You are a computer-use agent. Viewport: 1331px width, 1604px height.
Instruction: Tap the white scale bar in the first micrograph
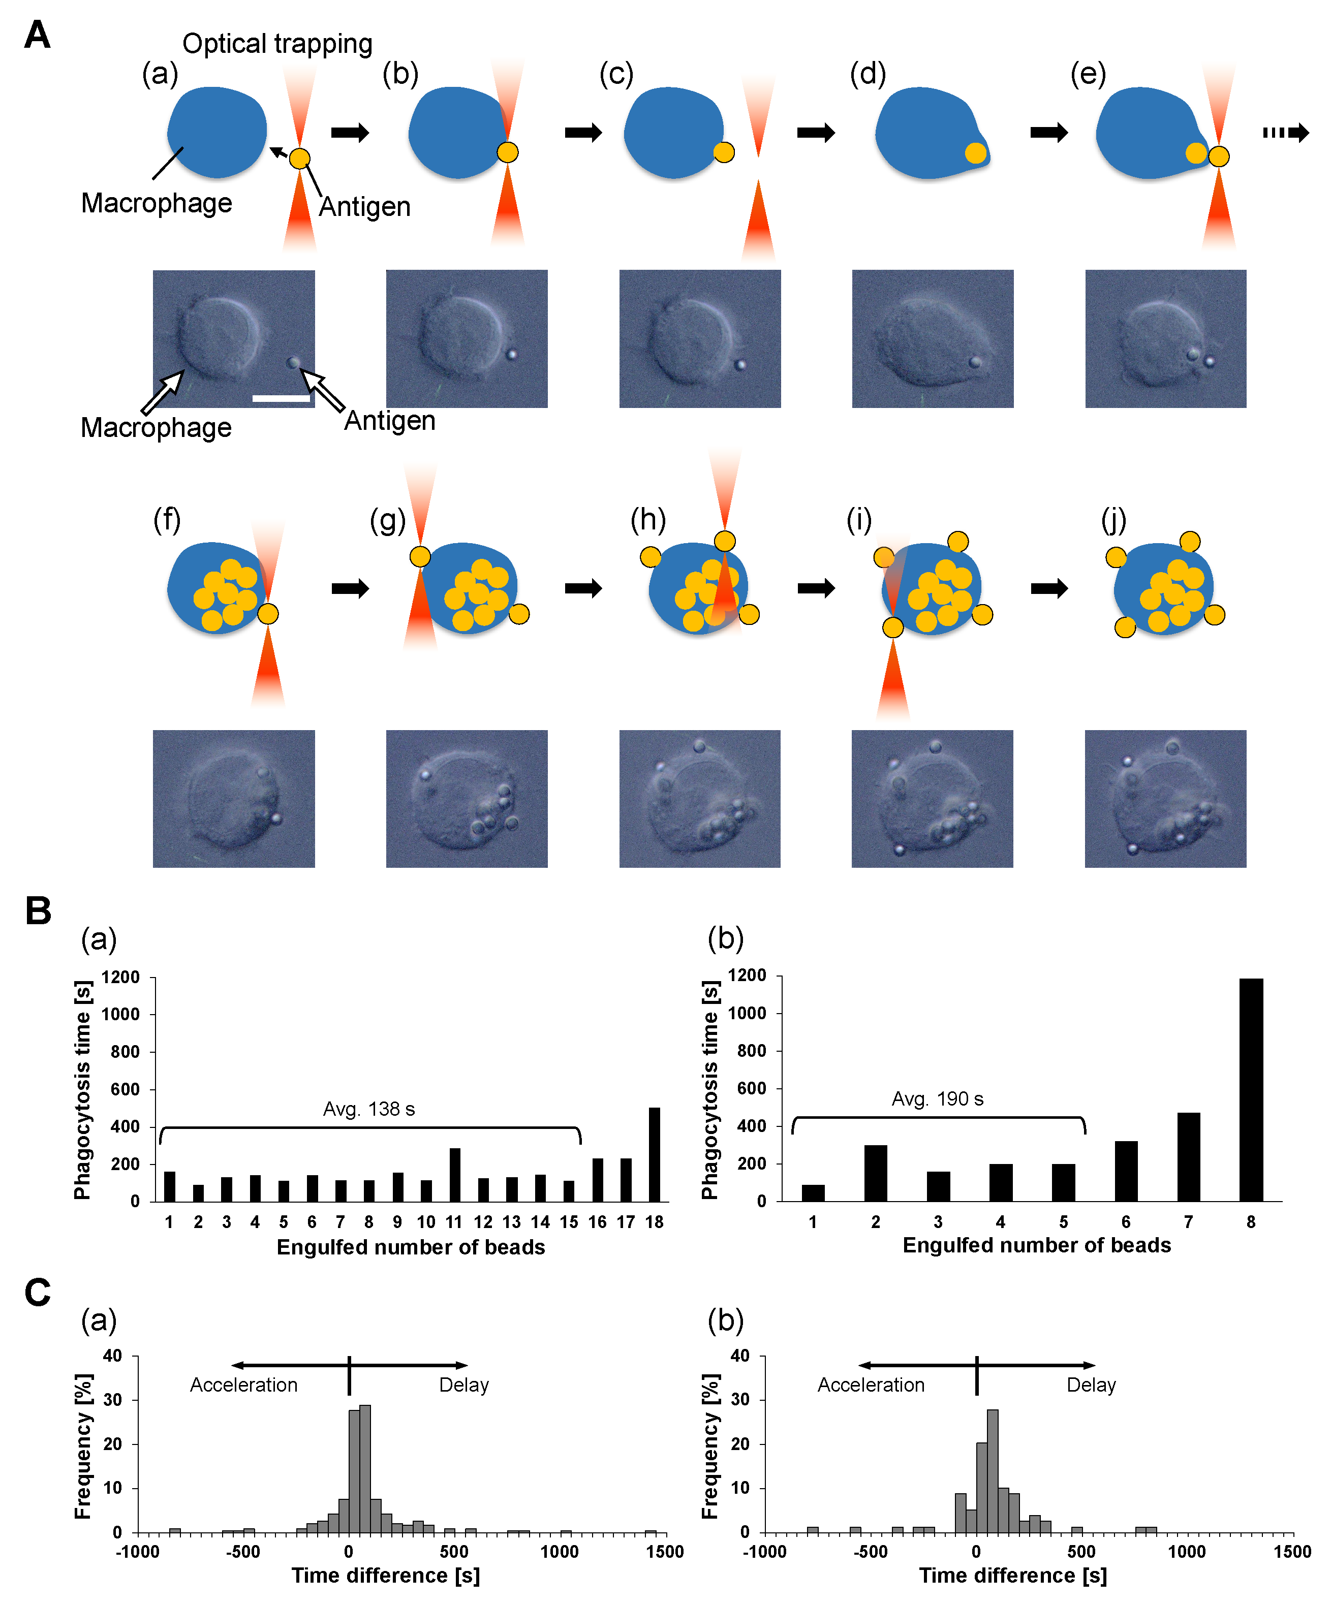click(x=281, y=398)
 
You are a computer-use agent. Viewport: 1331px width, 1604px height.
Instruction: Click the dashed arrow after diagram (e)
click(x=1285, y=133)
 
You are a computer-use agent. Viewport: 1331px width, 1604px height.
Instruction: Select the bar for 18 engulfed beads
click(x=654, y=1154)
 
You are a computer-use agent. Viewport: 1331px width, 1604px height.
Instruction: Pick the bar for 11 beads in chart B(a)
click(x=455, y=1175)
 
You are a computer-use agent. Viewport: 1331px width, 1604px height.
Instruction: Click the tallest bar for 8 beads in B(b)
click(x=1251, y=1089)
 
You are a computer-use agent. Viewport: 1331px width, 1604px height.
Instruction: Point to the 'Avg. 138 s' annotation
click(x=369, y=1109)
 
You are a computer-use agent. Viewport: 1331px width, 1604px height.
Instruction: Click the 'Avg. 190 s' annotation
click(x=938, y=1099)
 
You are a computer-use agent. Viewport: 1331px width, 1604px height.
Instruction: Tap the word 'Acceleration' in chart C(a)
click(x=244, y=1385)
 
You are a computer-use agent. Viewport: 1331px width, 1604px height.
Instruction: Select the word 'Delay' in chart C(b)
click(x=1091, y=1385)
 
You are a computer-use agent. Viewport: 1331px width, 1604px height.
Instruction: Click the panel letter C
click(x=38, y=1293)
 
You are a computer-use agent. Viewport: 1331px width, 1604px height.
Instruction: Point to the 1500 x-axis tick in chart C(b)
click(x=1292, y=1551)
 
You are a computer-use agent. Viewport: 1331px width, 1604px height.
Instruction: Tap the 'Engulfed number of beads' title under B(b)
click(x=1036, y=1246)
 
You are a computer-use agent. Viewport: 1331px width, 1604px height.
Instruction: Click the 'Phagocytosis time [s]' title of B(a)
click(x=82, y=1090)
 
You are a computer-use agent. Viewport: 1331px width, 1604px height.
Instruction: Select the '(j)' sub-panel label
click(x=1113, y=520)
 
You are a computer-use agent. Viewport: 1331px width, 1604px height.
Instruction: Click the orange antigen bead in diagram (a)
click(x=299, y=158)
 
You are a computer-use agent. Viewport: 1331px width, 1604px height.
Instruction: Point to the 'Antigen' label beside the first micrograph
click(x=390, y=421)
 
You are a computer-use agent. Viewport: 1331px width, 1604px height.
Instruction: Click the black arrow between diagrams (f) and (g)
click(x=350, y=588)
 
